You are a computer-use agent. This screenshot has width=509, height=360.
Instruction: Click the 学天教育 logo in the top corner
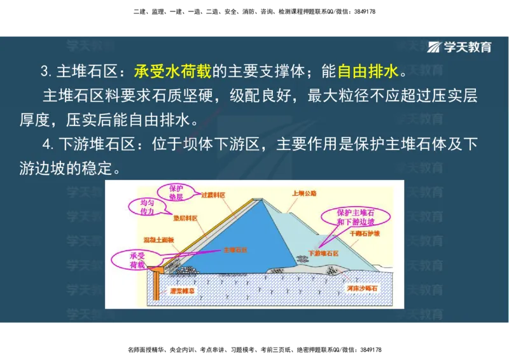[460, 47]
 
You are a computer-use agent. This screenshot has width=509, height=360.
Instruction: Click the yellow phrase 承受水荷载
[172, 71]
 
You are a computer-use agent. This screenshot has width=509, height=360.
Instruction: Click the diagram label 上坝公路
[304, 193]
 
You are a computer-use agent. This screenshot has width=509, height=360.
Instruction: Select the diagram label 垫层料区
[185, 218]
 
